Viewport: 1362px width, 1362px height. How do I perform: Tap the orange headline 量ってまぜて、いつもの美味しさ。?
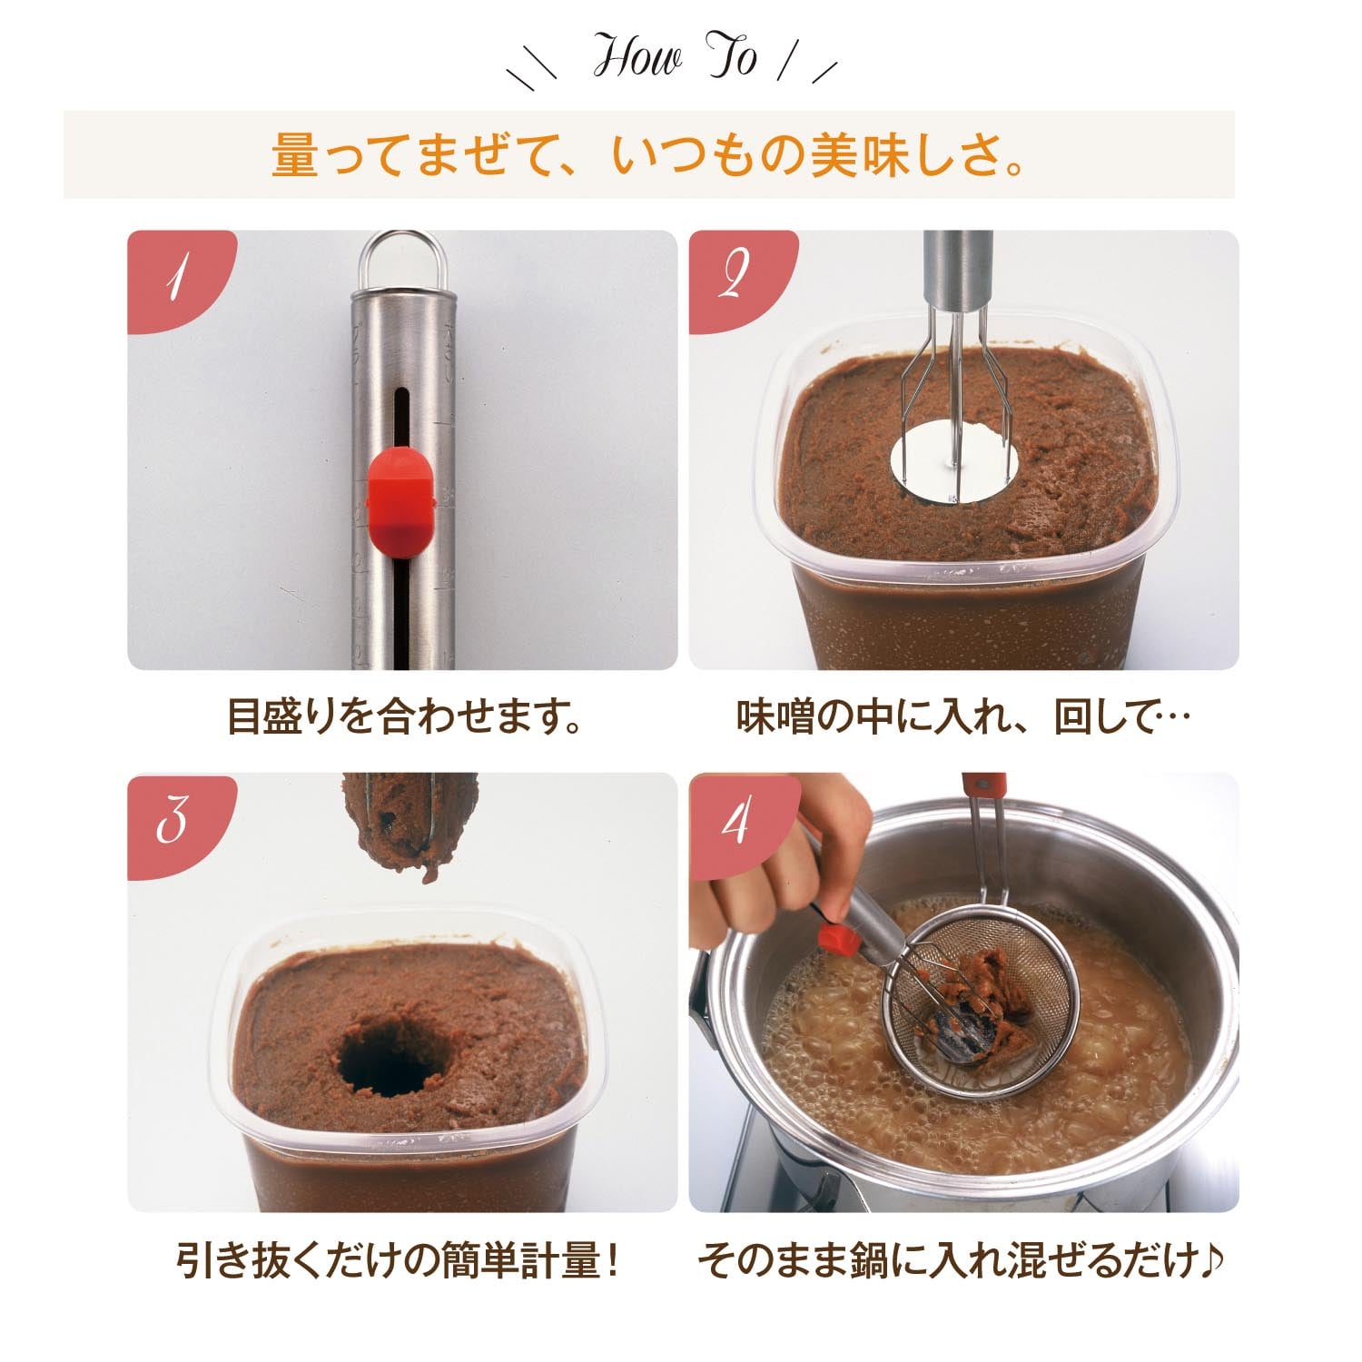coord(648,155)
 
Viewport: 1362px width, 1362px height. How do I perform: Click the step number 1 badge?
coord(177,279)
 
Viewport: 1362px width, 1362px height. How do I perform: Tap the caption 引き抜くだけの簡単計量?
coord(400,1261)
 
